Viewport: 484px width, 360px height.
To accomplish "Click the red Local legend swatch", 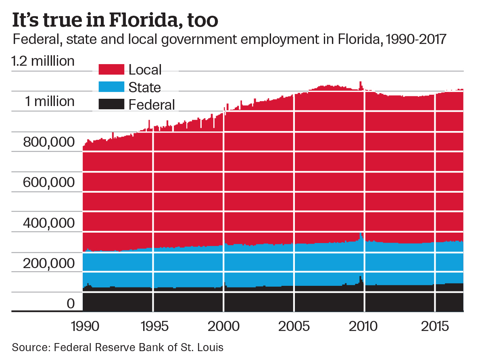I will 111,69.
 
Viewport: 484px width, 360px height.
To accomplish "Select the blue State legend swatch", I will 111,87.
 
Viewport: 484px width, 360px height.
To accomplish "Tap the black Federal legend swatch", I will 111,104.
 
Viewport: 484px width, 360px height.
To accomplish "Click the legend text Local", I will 145,70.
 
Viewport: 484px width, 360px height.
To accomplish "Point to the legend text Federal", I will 152,105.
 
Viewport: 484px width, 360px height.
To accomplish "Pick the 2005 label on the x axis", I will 294,326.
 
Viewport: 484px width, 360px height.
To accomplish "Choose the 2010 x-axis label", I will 365,326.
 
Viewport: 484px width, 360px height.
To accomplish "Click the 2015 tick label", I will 435,326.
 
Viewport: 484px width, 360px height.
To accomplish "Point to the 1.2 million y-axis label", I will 43,61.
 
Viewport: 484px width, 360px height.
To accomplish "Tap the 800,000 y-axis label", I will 49,142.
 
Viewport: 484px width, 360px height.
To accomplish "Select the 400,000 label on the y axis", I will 49,223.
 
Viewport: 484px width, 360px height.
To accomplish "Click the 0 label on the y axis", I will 71,303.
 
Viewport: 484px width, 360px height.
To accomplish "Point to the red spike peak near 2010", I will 361,82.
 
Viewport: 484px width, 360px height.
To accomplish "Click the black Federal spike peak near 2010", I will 361,277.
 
